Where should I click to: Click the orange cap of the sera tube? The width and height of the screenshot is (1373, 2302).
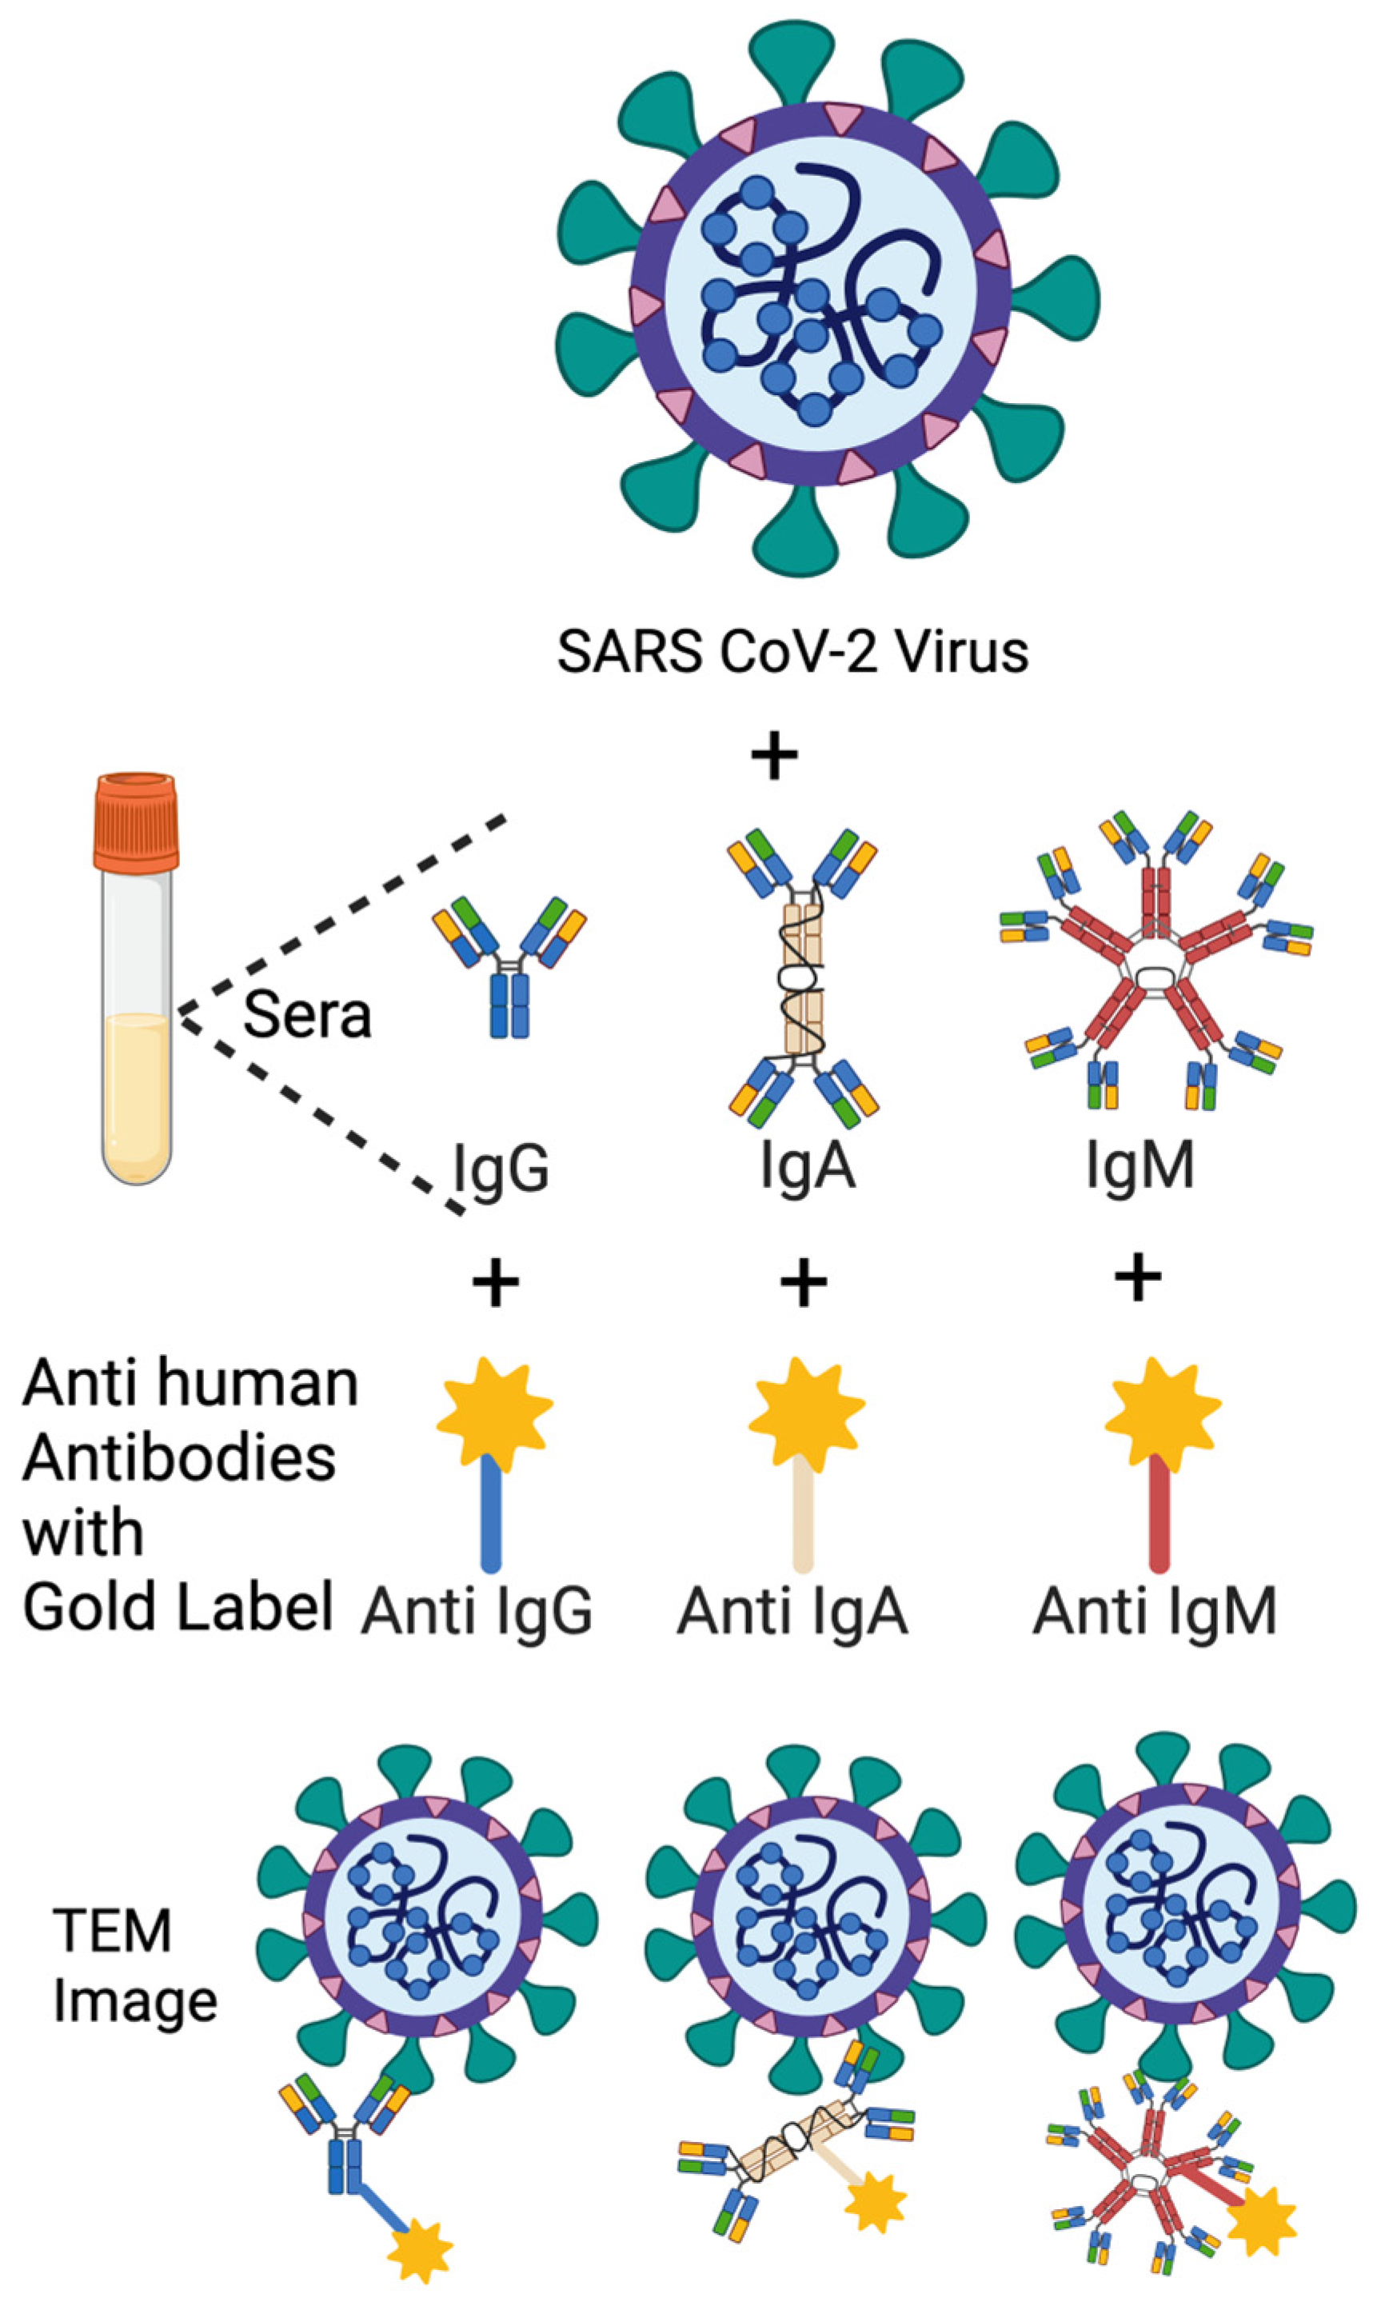(x=135, y=821)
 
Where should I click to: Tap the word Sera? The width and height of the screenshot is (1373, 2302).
(x=306, y=1016)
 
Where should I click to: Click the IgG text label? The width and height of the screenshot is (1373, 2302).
(x=501, y=1169)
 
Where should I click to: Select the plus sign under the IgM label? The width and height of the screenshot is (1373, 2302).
(x=1138, y=1277)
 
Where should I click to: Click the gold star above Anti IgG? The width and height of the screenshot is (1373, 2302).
(x=494, y=1409)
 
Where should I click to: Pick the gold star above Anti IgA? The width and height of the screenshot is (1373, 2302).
(x=806, y=1409)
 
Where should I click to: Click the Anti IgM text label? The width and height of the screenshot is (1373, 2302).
(x=1154, y=1612)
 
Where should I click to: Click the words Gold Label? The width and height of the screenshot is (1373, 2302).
(x=178, y=1607)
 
